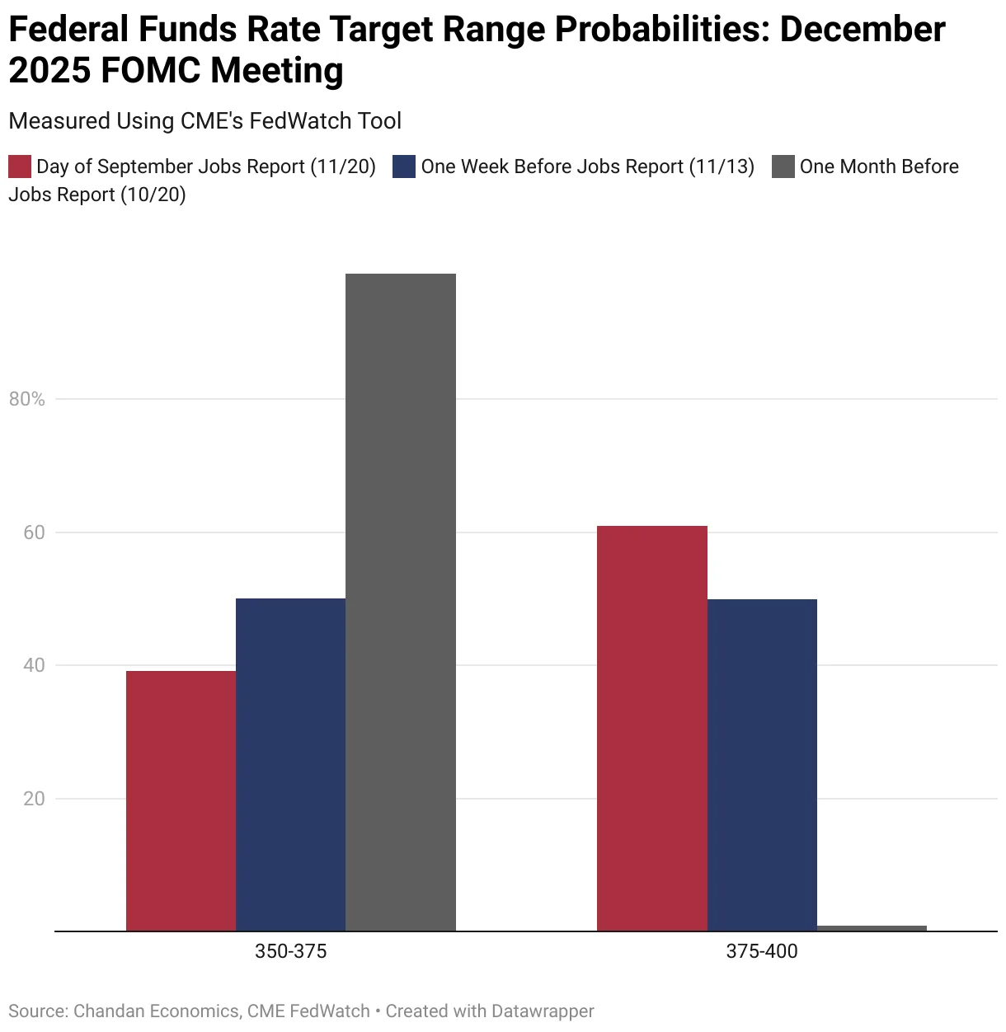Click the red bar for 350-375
click(181, 800)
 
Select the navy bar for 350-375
click(290, 764)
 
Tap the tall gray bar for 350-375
click(400, 602)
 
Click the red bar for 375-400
click(651, 728)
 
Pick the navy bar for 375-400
click(762, 764)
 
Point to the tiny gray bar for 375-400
click(872, 928)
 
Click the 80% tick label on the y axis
click(27, 399)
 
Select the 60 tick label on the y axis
click(34, 532)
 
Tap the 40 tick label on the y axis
click(34, 665)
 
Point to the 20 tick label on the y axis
click(34, 799)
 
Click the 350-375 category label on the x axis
click(290, 951)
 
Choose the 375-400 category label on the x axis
click(762, 951)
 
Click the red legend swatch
click(20, 167)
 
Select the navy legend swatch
click(404, 167)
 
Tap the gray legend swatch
click(783, 167)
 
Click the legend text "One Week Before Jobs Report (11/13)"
click(587, 167)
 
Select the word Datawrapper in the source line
click(542, 1011)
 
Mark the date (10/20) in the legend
click(153, 195)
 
